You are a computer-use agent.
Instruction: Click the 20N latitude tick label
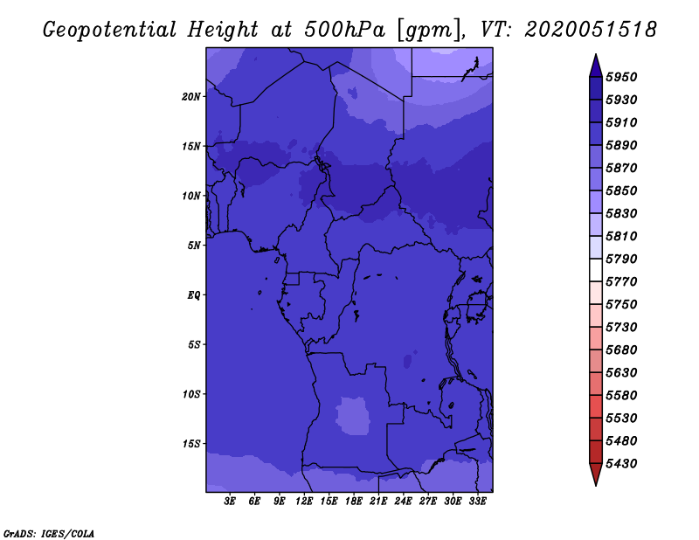(191, 96)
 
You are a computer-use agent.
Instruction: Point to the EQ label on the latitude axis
(194, 295)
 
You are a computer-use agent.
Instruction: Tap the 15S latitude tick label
(191, 444)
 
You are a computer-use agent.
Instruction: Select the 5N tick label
(194, 246)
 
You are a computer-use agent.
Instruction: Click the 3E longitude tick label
(231, 502)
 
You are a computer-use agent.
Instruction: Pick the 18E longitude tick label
(354, 502)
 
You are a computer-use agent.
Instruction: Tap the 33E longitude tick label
(477, 502)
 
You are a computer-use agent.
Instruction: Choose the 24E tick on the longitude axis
(403, 502)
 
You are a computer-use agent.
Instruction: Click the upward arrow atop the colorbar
(595, 65)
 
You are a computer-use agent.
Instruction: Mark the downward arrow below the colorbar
(595, 474)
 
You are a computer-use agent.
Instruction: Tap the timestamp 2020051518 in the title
(592, 29)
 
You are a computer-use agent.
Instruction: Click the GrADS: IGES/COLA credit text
(48, 532)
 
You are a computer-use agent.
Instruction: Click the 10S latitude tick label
(191, 394)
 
